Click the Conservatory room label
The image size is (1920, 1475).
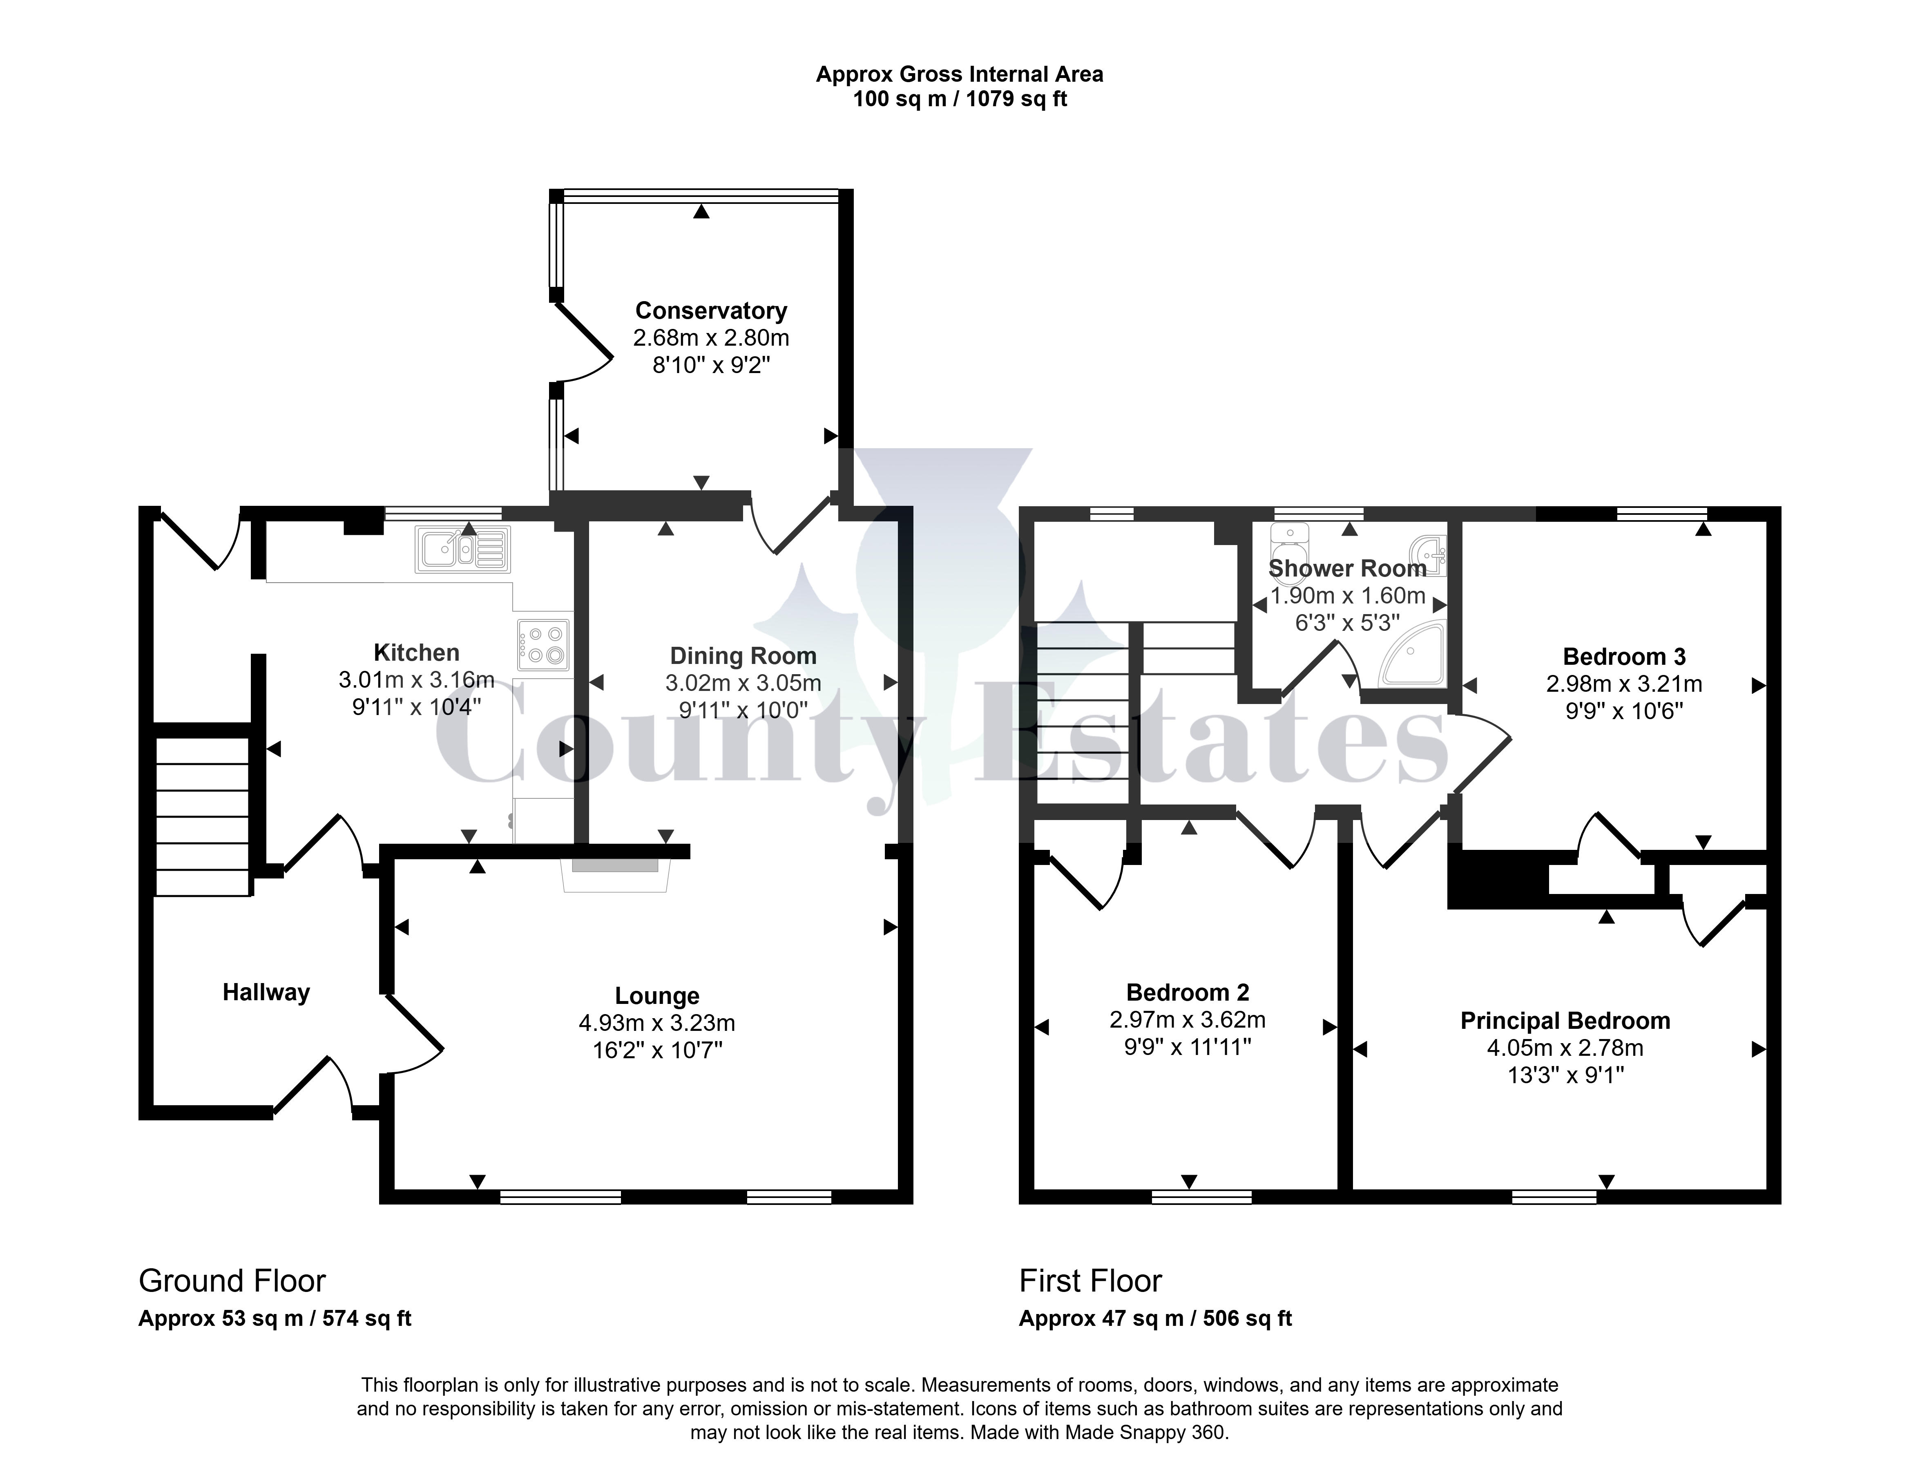pos(711,311)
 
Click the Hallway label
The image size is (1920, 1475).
pos(266,992)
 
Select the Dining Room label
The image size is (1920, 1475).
pos(743,656)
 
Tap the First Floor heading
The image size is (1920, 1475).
pos(1090,1281)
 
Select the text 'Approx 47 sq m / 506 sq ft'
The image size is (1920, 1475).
pos(1155,1319)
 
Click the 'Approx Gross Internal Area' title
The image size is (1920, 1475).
pos(960,75)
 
